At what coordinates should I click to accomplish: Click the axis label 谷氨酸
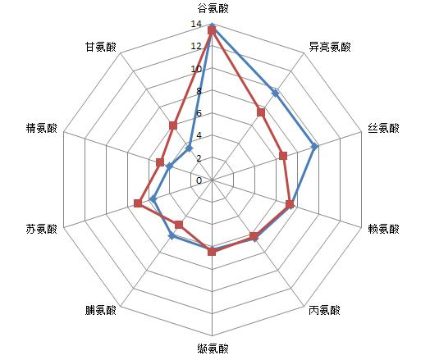(x=213, y=9)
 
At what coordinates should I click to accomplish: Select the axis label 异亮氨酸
(x=330, y=47)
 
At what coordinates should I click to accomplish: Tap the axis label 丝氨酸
(x=383, y=128)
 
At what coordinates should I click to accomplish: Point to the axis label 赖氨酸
(x=383, y=229)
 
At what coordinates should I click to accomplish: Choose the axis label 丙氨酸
(x=324, y=311)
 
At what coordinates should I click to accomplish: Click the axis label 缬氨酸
(x=213, y=349)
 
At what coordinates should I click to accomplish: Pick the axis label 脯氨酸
(x=100, y=311)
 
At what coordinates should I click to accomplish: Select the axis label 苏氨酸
(x=42, y=229)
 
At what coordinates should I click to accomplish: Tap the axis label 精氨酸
(x=42, y=128)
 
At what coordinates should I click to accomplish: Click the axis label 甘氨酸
(x=100, y=47)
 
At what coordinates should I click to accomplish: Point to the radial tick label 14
(x=196, y=24)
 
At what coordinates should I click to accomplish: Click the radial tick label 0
(x=199, y=181)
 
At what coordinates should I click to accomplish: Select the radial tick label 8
(x=199, y=91)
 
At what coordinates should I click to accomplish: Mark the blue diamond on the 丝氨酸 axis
(x=315, y=147)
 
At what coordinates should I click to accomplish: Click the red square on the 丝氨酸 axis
(x=283, y=156)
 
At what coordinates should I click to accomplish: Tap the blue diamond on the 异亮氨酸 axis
(x=276, y=93)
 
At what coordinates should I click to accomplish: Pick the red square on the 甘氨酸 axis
(x=173, y=125)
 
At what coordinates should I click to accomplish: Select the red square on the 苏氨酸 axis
(x=138, y=203)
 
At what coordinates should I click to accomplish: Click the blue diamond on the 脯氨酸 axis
(x=172, y=236)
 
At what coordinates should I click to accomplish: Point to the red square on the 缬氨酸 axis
(x=212, y=252)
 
